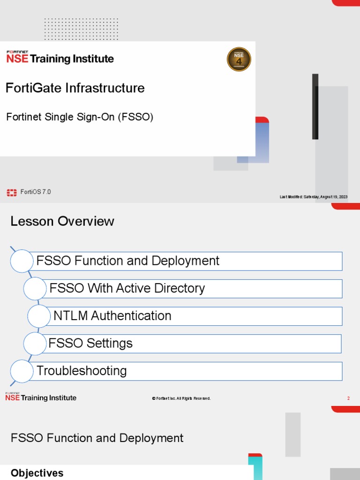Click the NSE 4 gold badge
(x=239, y=60)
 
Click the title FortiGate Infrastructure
(x=75, y=88)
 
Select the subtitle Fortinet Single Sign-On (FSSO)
(x=80, y=117)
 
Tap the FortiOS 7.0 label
(x=36, y=192)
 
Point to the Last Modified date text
(x=314, y=197)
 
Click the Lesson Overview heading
(x=62, y=221)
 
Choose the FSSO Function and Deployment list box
(x=187, y=261)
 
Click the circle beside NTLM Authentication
(x=39, y=316)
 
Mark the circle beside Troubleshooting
(x=22, y=371)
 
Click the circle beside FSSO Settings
(x=35, y=344)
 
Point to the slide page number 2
(x=348, y=398)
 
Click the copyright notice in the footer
(x=181, y=398)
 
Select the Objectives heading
(x=37, y=473)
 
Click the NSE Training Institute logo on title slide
(x=60, y=57)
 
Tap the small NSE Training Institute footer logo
(x=41, y=397)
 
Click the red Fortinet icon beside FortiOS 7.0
(x=12, y=192)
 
